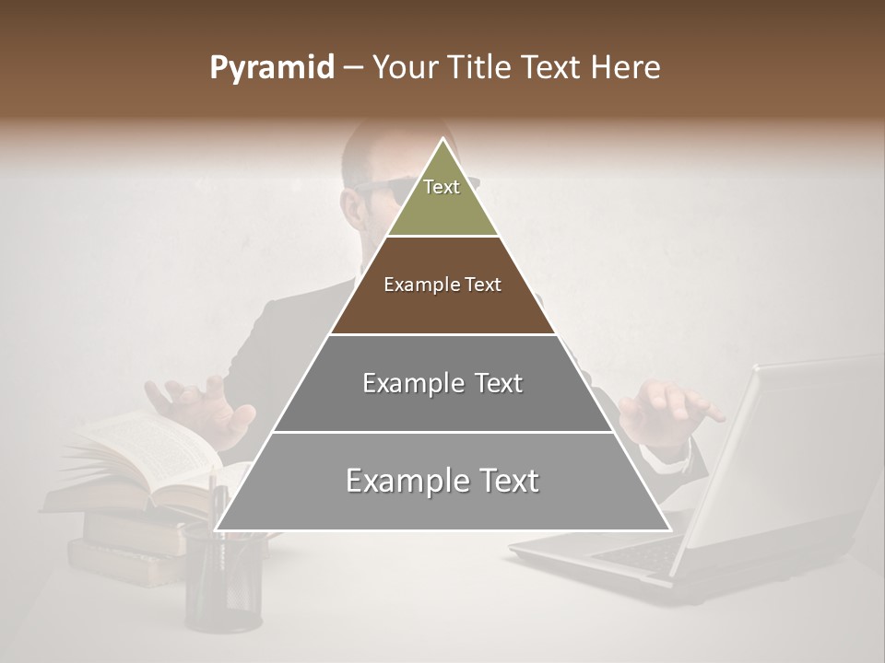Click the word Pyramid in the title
click(x=271, y=68)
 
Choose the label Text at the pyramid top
click(x=442, y=187)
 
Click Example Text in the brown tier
click(x=442, y=285)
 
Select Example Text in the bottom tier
click(x=442, y=481)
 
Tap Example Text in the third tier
click(x=442, y=383)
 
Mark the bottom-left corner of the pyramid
click(x=217, y=529)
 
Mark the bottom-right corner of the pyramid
click(x=669, y=529)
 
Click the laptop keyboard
click(x=636, y=552)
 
